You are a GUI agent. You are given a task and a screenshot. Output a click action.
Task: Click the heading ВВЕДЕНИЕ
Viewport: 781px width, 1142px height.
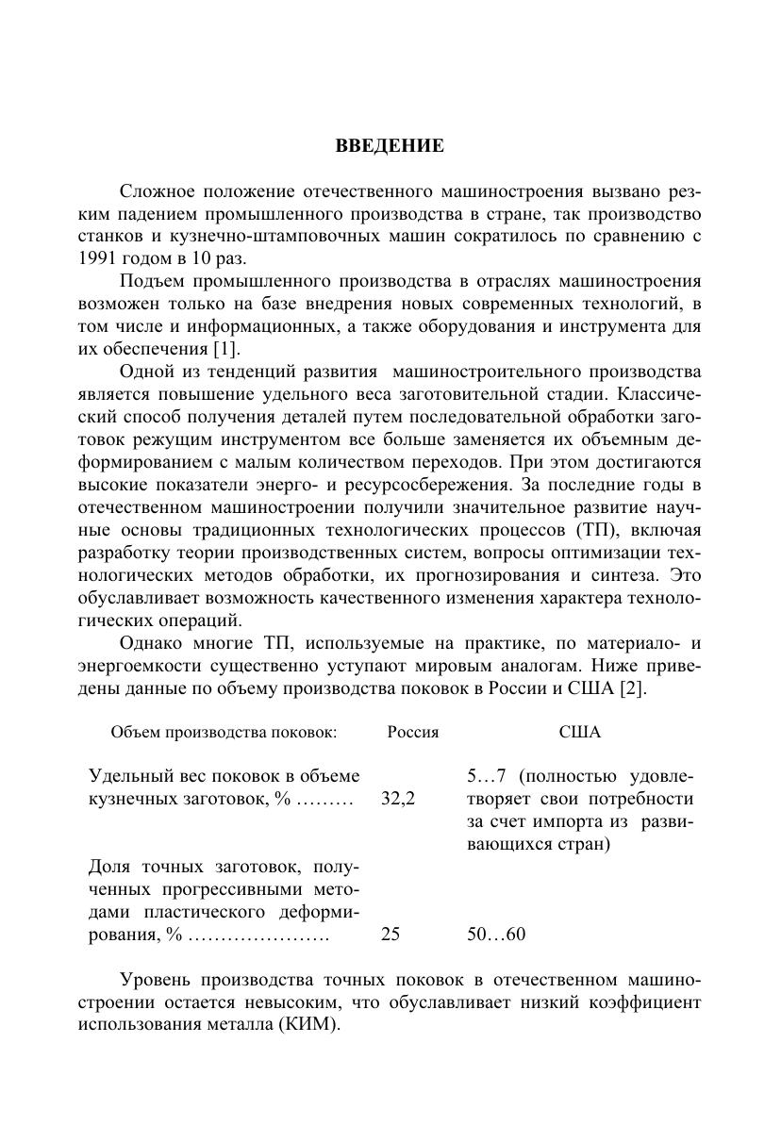[x=390, y=146]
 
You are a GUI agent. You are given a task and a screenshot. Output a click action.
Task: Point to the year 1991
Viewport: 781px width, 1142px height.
[x=98, y=257]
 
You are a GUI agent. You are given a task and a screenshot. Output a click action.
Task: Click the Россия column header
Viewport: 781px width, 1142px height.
[x=412, y=732]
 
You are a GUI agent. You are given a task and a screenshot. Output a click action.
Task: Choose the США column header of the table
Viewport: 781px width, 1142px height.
[x=579, y=732]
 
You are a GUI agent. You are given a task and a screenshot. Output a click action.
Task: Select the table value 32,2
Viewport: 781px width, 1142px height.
[x=398, y=799]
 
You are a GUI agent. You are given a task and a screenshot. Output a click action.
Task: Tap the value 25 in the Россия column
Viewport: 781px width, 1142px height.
[x=390, y=935]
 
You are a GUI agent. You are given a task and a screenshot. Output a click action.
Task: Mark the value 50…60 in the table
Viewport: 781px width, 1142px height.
[x=496, y=935]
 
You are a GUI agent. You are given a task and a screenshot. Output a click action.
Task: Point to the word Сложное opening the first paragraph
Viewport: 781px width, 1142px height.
[x=153, y=190]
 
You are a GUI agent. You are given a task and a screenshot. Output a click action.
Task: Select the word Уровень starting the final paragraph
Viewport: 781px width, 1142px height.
[x=154, y=980]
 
